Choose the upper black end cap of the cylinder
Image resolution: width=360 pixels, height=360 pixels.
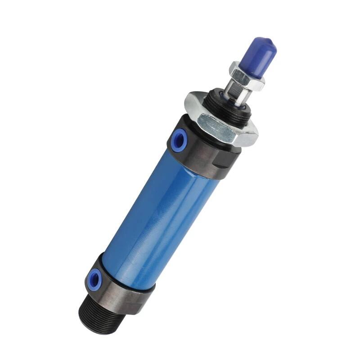(x=202, y=148)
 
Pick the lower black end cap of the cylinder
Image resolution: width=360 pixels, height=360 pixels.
(x=117, y=288)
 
